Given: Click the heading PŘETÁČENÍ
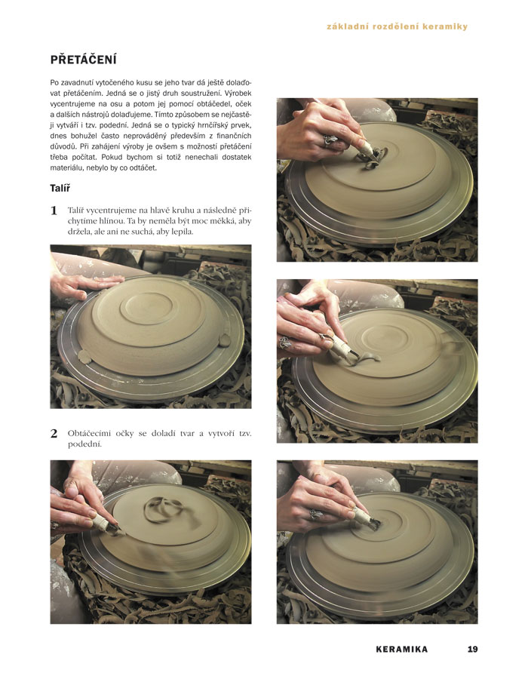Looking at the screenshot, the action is (83, 60).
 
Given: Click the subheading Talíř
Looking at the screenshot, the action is (60, 188).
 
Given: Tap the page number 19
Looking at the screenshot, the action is (472, 649).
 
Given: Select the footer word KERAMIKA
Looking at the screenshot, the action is (401, 649).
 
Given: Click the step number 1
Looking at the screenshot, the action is (54, 211).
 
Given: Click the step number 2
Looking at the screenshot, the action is (54, 434).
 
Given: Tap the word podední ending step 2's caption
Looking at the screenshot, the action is (84, 444).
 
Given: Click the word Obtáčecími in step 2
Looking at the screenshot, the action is (89, 434).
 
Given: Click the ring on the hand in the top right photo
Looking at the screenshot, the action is (330, 140).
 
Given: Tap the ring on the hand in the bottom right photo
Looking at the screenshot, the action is (316, 515).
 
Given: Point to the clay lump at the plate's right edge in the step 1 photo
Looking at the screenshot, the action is (224, 340).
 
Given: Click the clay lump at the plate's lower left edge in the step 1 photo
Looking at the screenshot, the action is (84, 357).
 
